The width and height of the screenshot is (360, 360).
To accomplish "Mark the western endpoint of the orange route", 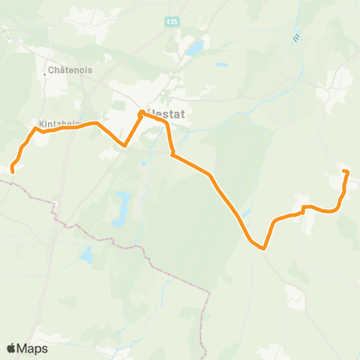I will coord(13,170).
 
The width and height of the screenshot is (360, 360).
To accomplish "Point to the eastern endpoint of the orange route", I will coord(345,172).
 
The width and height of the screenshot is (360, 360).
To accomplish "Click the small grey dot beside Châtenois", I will coord(45,74).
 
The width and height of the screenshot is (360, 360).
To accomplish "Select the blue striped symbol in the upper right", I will coord(298,35).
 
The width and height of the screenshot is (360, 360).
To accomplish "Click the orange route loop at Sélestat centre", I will coord(142,114).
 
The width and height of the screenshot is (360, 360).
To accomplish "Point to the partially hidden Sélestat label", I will coord(166,115).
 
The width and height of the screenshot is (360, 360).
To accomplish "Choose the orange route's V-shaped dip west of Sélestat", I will coord(124,145).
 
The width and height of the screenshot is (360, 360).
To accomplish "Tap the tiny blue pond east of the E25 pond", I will coord(222,64).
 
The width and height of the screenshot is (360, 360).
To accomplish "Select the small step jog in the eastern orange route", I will coord(303,209).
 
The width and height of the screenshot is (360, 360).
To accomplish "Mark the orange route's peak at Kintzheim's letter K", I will coord(34,129).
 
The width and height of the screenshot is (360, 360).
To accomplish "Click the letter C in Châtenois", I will coord(50,71).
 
